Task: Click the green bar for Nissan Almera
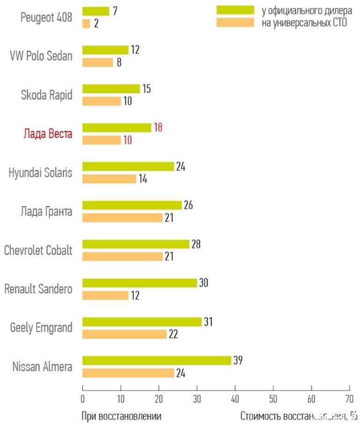click(x=157, y=361)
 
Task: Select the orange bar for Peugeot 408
click(x=86, y=23)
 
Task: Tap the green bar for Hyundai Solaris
click(x=128, y=166)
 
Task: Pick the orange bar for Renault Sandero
click(x=105, y=296)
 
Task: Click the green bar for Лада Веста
click(x=117, y=128)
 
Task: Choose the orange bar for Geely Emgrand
click(x=124, y=334)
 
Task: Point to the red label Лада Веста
click(x=48, y=134)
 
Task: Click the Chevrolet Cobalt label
click(x=38, y=250)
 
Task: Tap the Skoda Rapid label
click(x=47, y=95)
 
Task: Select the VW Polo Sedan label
click(x=42, y=56)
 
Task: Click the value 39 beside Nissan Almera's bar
click(x=238, y=360)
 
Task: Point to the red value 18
click(x=158, y=128)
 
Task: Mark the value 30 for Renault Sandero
click(x=203, y=283)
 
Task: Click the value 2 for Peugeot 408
click(x=96, y=23)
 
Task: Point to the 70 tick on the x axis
click(x=349, y=400)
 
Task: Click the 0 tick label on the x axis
click(x=82, y=400)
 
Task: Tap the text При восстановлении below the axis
click(x=122, y=416)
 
